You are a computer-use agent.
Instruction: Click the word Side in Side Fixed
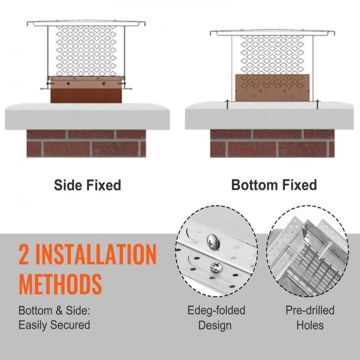(x=68, y=185)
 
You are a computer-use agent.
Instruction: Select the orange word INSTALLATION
(x=96, y=254)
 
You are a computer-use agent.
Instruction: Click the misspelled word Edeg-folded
(x=216, y=310)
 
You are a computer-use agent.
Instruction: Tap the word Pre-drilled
(x=310, y=310)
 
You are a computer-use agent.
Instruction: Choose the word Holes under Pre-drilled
(x=310, y=325)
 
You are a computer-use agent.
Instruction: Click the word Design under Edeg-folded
(x=215, y=326)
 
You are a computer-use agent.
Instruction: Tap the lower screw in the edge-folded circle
(x=216, y=268)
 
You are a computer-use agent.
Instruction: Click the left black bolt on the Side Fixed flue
(x=68, y=84)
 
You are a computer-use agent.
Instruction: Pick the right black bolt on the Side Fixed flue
(x=104, y=84)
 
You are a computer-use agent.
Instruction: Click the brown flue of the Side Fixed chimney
(x=86, y=90)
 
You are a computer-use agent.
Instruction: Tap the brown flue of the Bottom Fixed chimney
(x=273, y=88)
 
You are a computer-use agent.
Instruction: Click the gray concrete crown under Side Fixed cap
(x=87, y=116)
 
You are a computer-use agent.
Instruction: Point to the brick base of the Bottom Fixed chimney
(x=272, y=144)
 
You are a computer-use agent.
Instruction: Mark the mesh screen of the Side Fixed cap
(x=86, y=51)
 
